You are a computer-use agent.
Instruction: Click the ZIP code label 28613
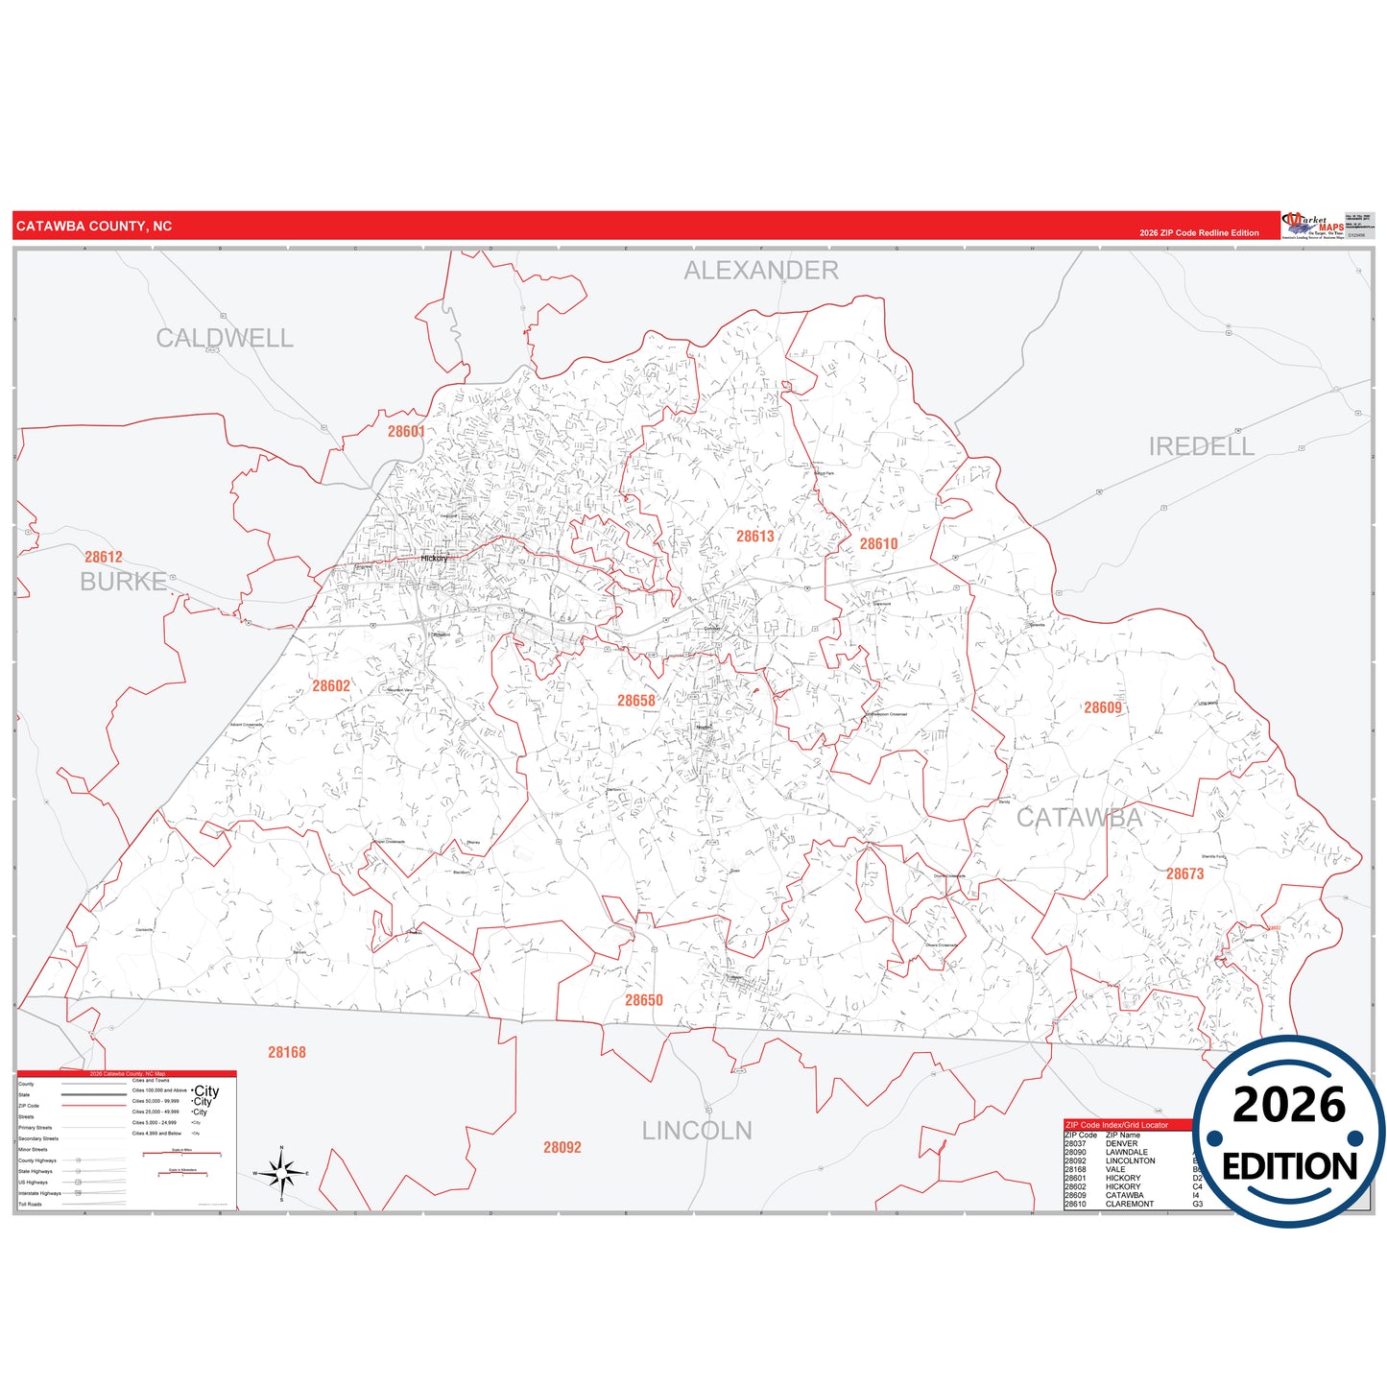click(x=754, y=537)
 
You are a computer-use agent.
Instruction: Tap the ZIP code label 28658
click(x=636, y=701)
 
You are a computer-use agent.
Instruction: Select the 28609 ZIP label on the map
click(x=1103, y=707)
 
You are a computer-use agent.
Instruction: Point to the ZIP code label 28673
click(x=1184, y=873)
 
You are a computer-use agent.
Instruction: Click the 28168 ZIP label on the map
click(x=287, y=1052)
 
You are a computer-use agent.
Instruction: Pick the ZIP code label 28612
click(x=104, y=557)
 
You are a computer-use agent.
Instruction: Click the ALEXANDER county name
click(x=760, y=271)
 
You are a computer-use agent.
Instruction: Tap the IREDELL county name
click(x=1201, y=446)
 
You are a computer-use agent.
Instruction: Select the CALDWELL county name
click(x=225, y=338)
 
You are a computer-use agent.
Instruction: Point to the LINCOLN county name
click(x=697, y=1131)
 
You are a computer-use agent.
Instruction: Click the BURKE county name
click(x=123, y=582)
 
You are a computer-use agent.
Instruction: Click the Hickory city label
click(x=434, y=558)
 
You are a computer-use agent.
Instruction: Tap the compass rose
click(x=281, y=1173)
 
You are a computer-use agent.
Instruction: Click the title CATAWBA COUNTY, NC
click(x=94, y=227)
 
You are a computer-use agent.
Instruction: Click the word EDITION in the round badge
click(x=1289, y=1166)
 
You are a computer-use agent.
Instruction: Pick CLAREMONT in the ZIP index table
click(x=1130, y=1204)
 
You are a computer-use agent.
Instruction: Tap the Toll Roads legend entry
click(x=31, y=1204)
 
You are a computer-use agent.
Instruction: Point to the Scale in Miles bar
click(x=181, y=1153)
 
